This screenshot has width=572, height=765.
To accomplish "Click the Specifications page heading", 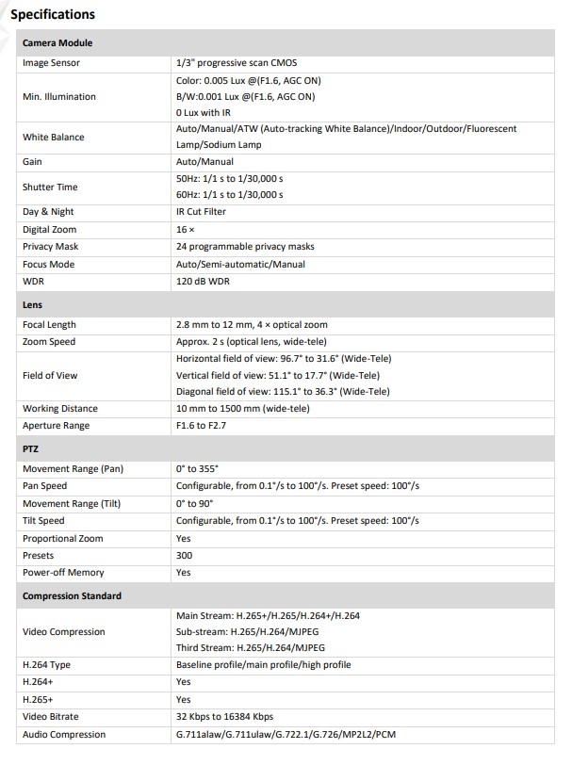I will [53, 14].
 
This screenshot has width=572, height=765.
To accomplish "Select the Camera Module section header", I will [57, 43].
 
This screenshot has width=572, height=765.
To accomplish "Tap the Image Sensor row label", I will [51, 63].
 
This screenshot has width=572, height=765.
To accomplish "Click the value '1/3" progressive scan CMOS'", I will [236, 63].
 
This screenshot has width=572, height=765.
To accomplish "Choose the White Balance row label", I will [54, 137].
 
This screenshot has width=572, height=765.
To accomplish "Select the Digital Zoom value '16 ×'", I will [186, 230].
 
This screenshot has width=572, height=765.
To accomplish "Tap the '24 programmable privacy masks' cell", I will [245, 247].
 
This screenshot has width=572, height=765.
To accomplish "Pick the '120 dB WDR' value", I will [203, 282].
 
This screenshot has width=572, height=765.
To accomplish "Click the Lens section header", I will [32, 305].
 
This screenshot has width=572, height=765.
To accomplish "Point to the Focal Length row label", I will [49, 325].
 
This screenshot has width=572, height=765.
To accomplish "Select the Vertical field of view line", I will [283, 375].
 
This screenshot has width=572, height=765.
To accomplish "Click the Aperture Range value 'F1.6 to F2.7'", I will [201, 426].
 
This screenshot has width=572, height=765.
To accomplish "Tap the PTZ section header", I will [31, 449].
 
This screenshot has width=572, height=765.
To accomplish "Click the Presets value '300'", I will [184, 556].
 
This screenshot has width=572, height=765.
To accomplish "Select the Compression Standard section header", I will [71, 596].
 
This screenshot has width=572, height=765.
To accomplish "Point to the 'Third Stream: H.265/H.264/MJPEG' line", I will [251, 648].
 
